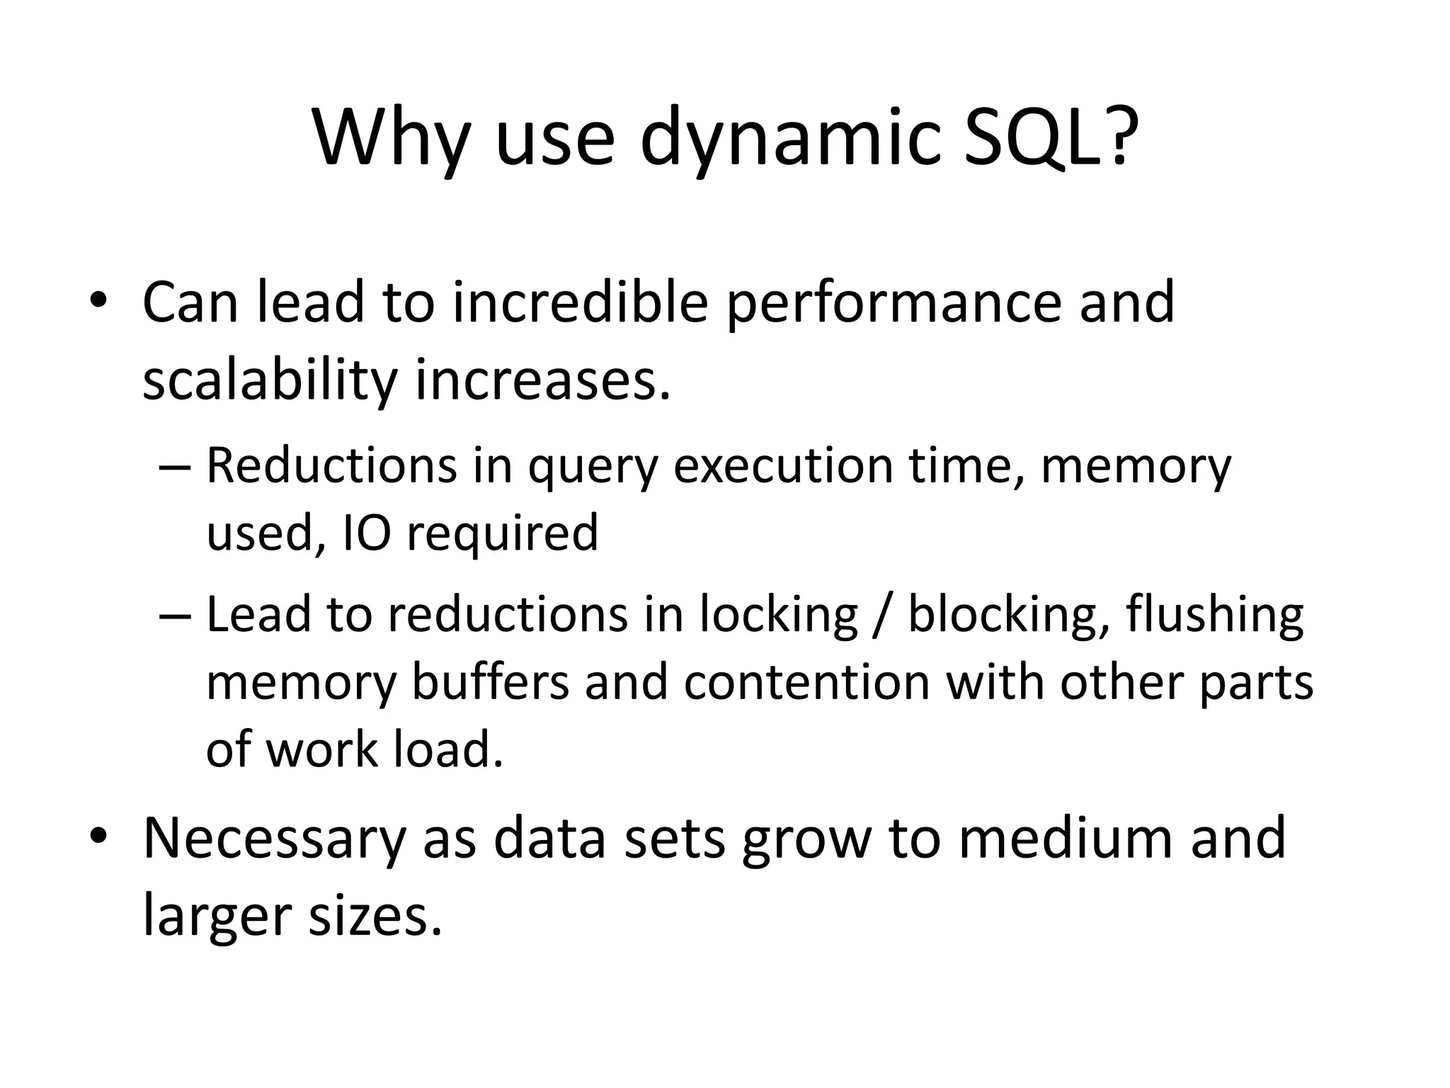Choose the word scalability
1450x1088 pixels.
(270, 380)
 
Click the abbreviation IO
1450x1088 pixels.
(367, 533)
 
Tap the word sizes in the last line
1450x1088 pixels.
(370, 915)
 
